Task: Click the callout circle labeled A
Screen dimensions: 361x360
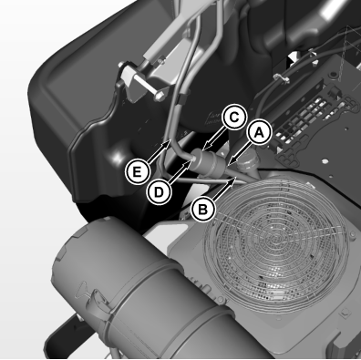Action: [x=259, y=133]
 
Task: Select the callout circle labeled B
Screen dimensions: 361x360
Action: [x=203, y=210]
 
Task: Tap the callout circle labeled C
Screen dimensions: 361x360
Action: [x=234, y=117]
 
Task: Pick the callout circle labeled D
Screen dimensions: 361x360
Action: [x=159, y=192]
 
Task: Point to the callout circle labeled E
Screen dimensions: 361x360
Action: [x=138, y=172]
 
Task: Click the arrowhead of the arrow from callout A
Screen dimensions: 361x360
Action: [x=232, y=161]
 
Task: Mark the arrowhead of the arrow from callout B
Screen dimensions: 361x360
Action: [x=232, y=181]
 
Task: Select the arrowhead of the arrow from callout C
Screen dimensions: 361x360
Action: [x=205, y=147]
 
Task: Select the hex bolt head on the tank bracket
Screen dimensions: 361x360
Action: [x=160, y=98]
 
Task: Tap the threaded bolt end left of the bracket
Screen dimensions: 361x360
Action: [x=121, y=65]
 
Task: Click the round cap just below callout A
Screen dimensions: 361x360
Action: [x=247, y=167]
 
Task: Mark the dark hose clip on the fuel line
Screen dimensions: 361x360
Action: [x=182, y=99]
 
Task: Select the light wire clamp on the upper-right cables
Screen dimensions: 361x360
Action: [x=282, y=78]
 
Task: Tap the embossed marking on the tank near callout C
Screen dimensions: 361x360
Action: [x=212, y=118]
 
